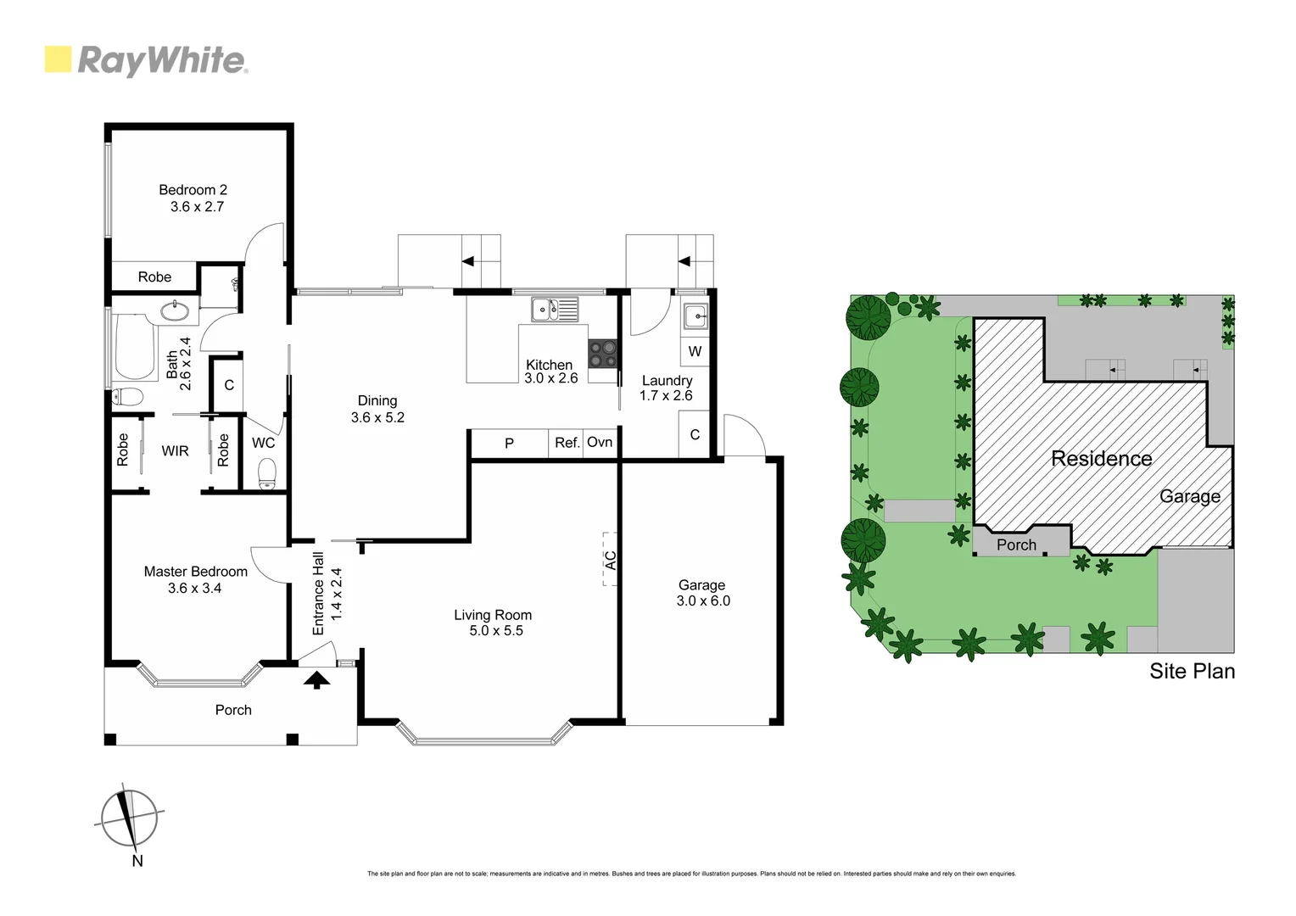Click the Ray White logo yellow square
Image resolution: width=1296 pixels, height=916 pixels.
(x=58, y=60)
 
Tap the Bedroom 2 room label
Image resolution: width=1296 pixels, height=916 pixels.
(x=193, y=190)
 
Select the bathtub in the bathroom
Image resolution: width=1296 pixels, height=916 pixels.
(x=133, y=349)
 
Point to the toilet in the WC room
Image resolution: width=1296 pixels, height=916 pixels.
(x=267, y=472)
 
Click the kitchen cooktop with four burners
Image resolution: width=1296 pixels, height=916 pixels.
(x=603, y=353)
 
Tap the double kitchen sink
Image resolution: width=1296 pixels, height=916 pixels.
(x=555, y=310)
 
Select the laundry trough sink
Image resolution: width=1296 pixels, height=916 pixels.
(x=695, y=316)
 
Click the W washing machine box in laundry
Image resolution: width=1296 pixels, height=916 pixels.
(x=695, y=351)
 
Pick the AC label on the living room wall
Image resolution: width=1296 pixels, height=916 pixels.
(x=610, y=559)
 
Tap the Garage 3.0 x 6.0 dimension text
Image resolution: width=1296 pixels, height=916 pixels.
(x=703, y=601)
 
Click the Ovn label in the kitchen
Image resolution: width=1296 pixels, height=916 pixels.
(x=600, y=443)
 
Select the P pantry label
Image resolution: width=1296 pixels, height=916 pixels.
(x=509, y=443)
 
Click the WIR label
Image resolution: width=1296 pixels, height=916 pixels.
(x=176, y=451)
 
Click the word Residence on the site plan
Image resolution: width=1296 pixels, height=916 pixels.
(x=1101, y=459)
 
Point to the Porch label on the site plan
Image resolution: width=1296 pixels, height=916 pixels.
(x=1016, y=545)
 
